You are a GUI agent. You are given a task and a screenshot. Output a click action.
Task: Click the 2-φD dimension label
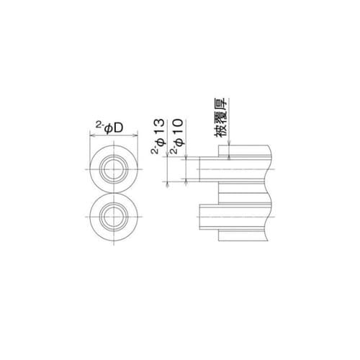(x=109, y=128)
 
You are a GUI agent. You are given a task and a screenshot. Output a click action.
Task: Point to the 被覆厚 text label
(x=220, y=117)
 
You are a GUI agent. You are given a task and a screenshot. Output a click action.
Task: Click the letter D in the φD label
(x=119, y=128)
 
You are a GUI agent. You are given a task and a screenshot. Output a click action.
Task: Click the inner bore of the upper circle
(x=114, y=169)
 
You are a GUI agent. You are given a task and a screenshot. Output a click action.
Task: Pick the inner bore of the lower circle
(x=114, y=217)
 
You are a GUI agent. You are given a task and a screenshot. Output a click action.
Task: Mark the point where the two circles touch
(x=114, y=193)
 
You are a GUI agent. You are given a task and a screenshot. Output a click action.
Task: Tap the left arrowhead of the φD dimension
(x=92, y=136)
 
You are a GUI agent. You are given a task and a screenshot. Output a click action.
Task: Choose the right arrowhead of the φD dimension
(x=135, y=136)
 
